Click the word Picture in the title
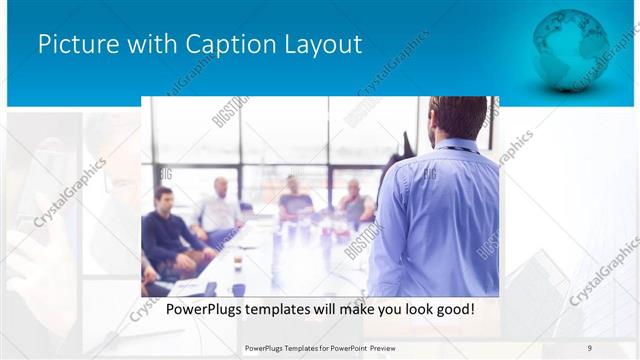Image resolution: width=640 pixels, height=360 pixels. (75, 45)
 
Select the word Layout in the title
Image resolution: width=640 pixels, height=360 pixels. (321, 45)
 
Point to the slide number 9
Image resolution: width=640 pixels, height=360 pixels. (590, 347)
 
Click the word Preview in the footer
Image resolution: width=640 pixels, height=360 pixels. (390, 347)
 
